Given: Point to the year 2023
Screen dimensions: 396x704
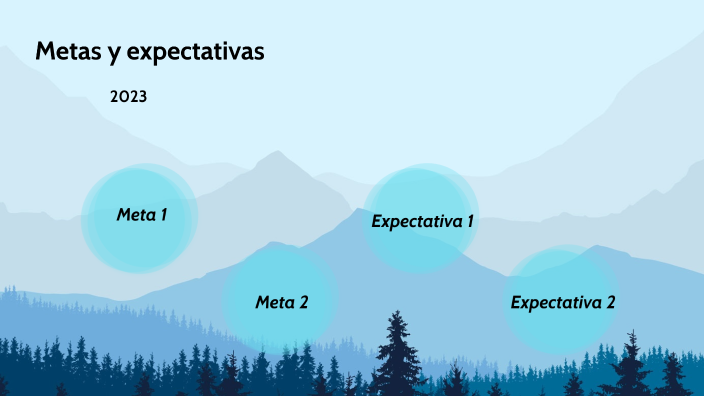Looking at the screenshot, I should click(x=129, y=98).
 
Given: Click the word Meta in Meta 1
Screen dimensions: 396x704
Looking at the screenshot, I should click(x=136, y=214).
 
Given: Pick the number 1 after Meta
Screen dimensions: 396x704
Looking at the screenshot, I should click(x=163, y=214).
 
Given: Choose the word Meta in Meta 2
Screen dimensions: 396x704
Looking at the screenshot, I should click(x=275, y=302).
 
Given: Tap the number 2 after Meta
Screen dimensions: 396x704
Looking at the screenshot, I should click(x=303, y=302).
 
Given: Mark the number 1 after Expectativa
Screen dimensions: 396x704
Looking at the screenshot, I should click(x=469, y=221).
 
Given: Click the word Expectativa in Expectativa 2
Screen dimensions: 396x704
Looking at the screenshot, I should click(x=554, y=302).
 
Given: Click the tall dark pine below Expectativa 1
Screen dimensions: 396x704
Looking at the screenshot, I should click(x=399, y=350).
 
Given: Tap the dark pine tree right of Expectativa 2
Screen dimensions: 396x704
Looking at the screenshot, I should click(x=632, y=365).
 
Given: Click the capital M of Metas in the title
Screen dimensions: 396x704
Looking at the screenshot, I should click(x=45, y=52).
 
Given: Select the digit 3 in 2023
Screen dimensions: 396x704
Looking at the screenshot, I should click(x=143, y=98).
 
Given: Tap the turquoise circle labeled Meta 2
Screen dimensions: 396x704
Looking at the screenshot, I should click(x=280, y=298).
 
